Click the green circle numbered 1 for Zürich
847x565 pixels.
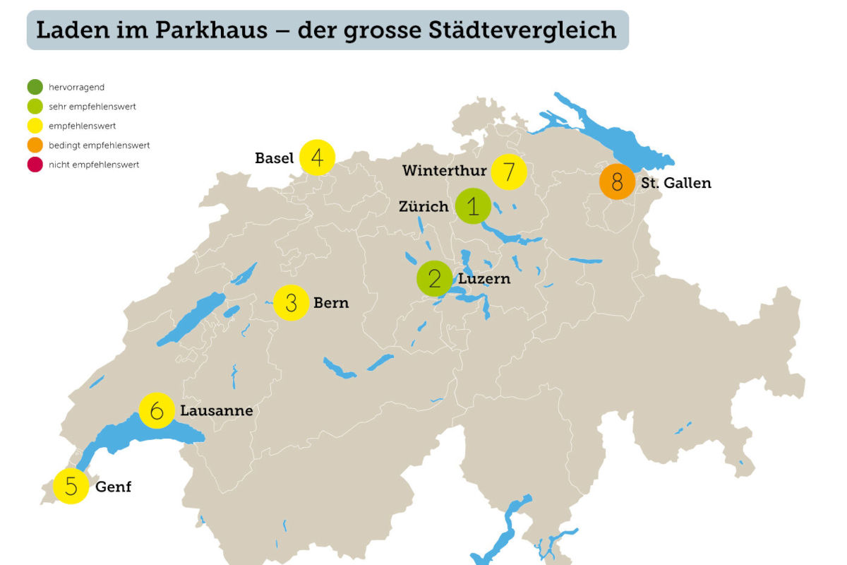(473, 206)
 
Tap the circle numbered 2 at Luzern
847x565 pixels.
(435, 279)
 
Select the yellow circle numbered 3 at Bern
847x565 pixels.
(291, 303)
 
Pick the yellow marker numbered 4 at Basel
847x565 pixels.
(317, 157)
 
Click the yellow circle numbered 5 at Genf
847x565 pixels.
(71, 486)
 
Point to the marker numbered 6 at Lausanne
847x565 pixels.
(157, 410)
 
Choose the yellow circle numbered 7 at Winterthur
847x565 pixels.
(509, 171)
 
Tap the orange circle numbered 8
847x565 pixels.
(618, 182)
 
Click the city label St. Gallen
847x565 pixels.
(675, 183)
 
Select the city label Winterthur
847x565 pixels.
(444, 171)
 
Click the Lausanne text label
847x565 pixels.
(216, 410)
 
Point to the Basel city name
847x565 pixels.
(274, 158)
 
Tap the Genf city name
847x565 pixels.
(113, 487)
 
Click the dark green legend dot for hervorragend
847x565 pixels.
(35, 88)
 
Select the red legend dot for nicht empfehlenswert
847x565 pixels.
(35, 165)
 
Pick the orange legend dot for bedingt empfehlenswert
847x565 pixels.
(35, 145)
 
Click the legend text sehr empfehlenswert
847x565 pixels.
(92, 107)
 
